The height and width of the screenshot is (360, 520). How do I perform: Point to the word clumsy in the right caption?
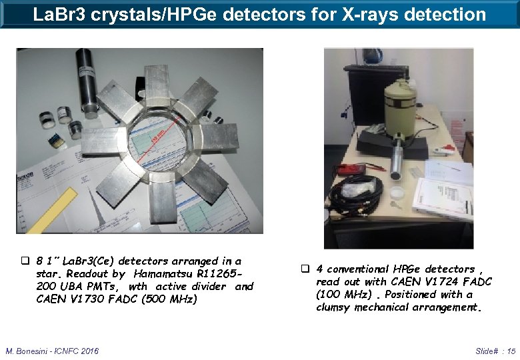(x=333, y=307)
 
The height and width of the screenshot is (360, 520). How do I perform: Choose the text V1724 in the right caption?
(x=439, y=282)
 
